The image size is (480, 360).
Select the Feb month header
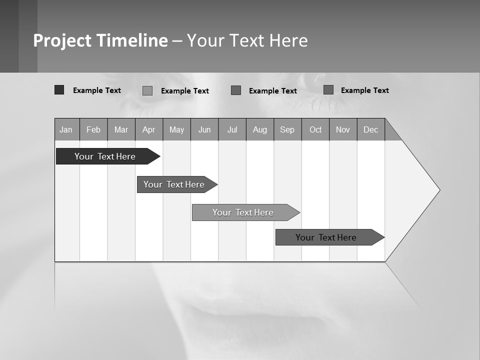(93, 129)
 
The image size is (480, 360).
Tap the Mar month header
(121, 129)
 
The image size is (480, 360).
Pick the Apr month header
(149, 129)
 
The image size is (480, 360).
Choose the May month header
(176, 129)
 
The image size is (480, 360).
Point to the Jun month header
(204, 129)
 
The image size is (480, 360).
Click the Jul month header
(232, 129)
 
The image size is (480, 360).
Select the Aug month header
(260, 129)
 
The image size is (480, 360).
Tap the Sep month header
(287, 129)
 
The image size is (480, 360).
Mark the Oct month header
(315, 129)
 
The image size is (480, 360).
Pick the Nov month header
(343, 129)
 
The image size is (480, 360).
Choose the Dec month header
(371, 129)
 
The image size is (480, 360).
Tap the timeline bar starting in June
(243, 212)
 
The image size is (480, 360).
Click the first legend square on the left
(59, 90)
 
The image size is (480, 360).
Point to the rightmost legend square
(328, 90)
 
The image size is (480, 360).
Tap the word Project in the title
(62, 40)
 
